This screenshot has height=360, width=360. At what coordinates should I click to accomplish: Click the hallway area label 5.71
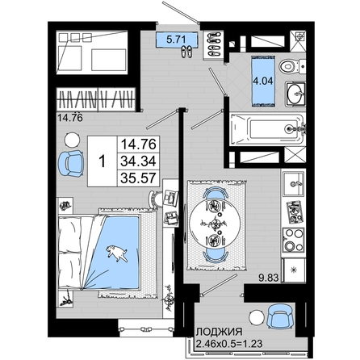coord(176,40)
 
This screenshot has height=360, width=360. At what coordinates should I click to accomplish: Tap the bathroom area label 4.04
coord(263,81)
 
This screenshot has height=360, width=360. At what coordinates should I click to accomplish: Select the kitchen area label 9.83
coord(269,278)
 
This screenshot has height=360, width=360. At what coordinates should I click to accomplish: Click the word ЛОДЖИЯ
coord(219,332)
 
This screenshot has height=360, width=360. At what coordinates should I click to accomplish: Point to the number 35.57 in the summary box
coord(138,178)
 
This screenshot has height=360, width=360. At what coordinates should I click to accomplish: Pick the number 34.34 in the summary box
coord(138,161)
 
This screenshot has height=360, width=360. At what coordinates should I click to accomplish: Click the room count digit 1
coord(102,161)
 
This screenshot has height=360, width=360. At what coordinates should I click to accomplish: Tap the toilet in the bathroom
coord(291,66)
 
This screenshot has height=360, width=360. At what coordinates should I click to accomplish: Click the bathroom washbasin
coord(295,94)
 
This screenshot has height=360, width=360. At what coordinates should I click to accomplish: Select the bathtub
coord(267,129)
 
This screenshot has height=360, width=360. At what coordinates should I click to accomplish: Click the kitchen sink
coord(293,183)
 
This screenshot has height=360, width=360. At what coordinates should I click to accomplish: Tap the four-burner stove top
coord(293,240)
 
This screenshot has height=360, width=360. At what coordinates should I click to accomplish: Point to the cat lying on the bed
coord(117,253)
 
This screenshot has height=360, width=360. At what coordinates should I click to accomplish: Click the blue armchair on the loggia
coord(279,316)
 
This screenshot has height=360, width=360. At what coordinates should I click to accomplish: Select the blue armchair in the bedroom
coord(70,163)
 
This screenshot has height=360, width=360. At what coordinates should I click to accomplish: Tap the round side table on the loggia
coord(257,318)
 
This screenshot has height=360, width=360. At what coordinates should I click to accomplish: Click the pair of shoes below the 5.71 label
coord(186,52)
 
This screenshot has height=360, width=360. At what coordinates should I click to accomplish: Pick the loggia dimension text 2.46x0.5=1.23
coord(229,344)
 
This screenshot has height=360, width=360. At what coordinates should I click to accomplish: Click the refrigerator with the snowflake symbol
coord(294,270)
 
